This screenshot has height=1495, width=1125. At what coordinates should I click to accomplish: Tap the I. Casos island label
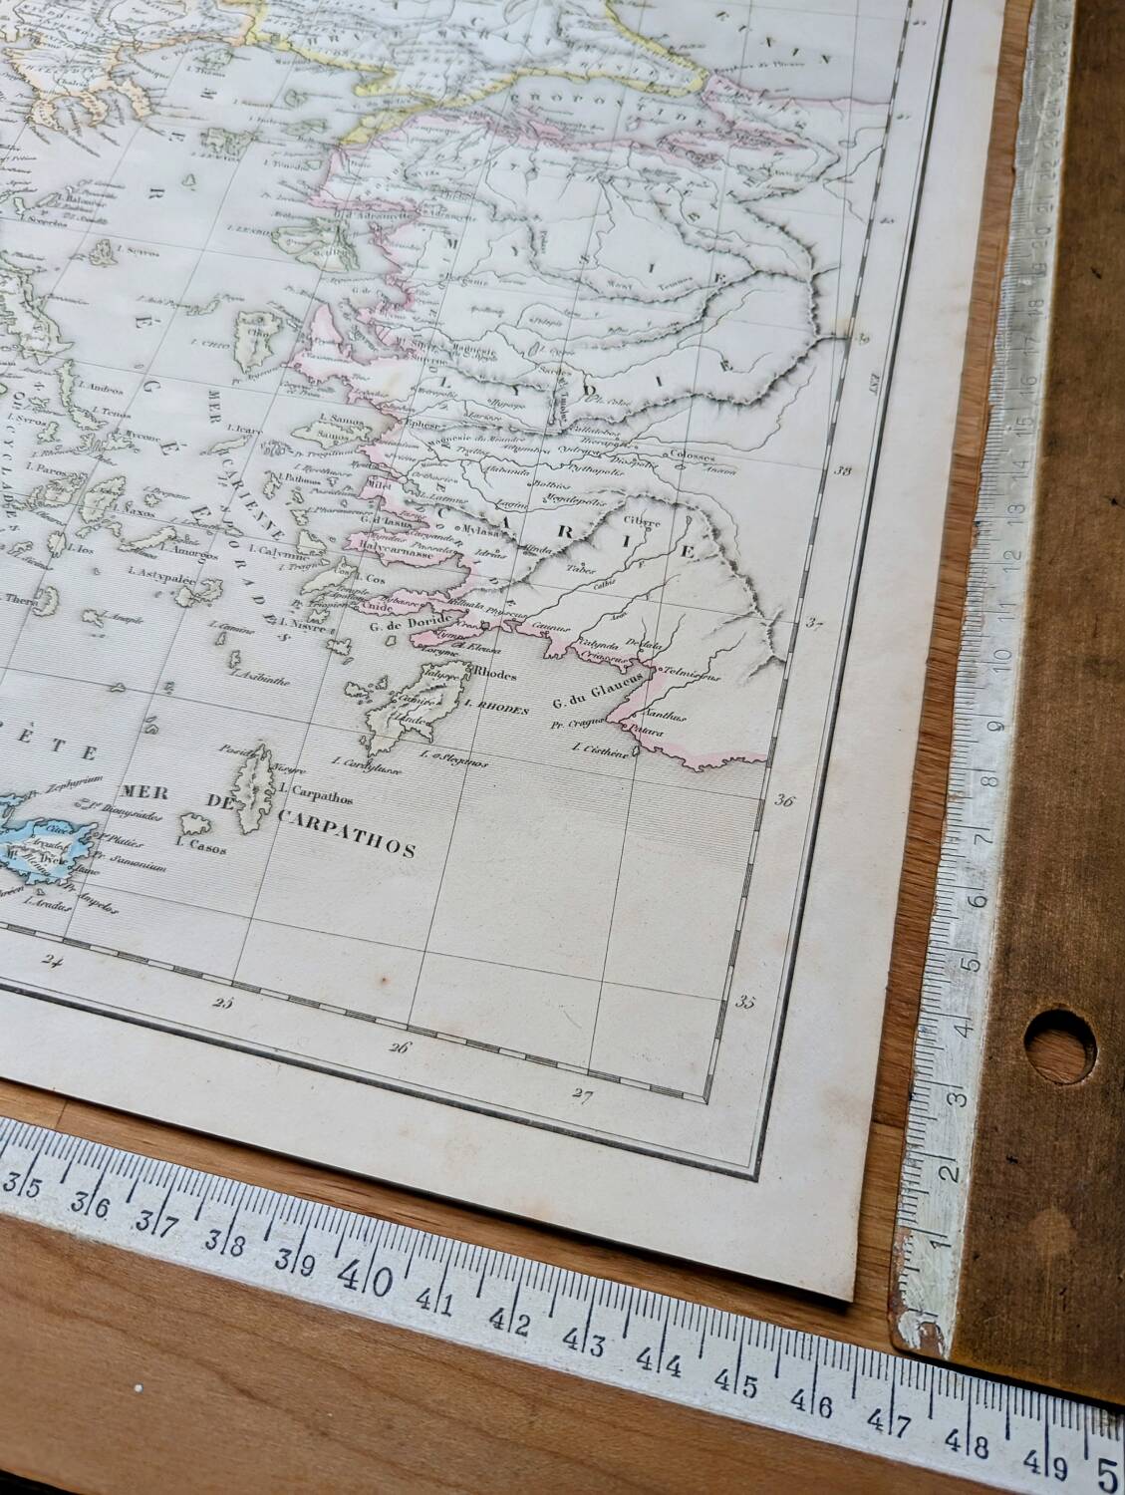click(x=200, y=848)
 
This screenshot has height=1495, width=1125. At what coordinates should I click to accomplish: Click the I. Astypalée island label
click(x=164, y=576)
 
